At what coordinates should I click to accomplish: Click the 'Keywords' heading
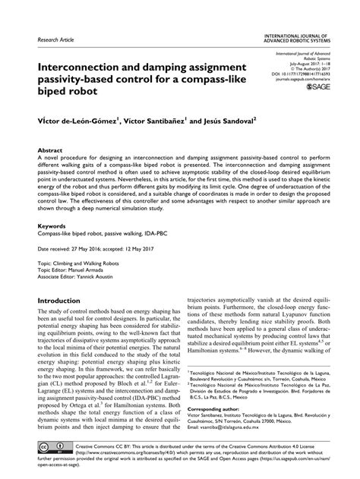point(52,225)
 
